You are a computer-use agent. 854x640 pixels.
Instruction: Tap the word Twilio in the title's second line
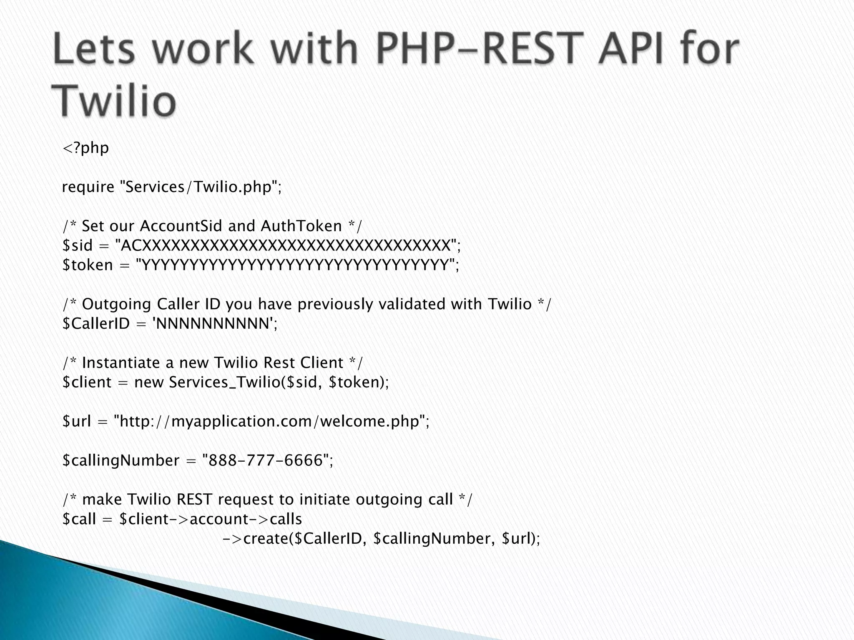(x=113, y=101)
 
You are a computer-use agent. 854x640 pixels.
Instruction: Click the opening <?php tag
(x=85, y=148)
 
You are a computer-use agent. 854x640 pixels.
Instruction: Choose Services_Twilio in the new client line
(x=225, y=382)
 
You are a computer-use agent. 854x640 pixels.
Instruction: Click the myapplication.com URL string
(x=271, y=421)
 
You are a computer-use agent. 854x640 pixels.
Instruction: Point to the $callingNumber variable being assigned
(x=121, y=460)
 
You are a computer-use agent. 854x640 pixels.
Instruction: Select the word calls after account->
(x=286, y=519)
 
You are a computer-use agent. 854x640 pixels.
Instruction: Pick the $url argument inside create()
(x=517, y=539)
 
